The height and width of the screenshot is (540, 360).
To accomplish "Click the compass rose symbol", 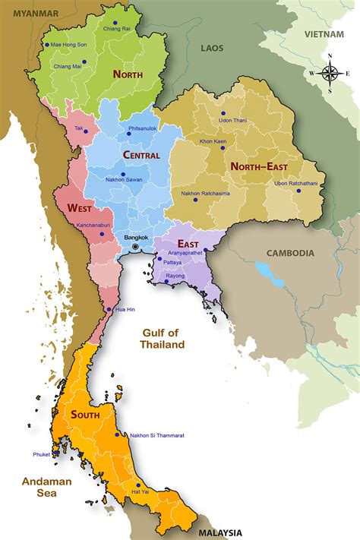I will (331, 72).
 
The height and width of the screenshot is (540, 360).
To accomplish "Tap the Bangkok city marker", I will (136, 247).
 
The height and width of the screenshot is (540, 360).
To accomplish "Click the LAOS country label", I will (212, 48).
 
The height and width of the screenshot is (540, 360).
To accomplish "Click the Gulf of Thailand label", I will (163, 338).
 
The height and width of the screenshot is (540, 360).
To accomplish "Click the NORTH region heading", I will (128, 74).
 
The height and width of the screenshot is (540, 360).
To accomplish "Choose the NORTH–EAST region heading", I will (259, 165).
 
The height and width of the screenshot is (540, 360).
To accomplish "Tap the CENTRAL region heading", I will (141, 155).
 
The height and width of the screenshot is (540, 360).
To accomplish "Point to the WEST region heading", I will (81, 207).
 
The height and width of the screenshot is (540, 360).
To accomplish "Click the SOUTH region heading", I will (86, 415).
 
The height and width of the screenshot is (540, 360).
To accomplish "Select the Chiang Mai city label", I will (67, 66).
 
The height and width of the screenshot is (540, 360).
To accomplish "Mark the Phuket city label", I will (41, 454).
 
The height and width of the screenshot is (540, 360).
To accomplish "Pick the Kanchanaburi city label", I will (96, 225).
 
